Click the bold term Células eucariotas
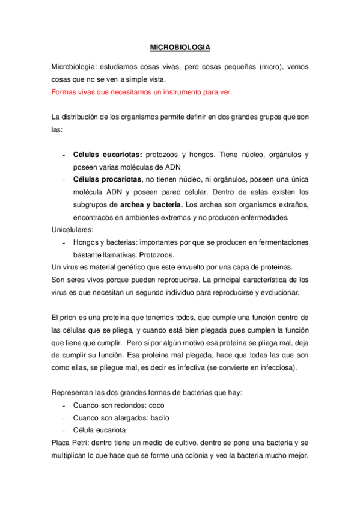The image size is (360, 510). (x=103, y=155)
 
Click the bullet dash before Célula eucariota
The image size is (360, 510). (x=64, y=431)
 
